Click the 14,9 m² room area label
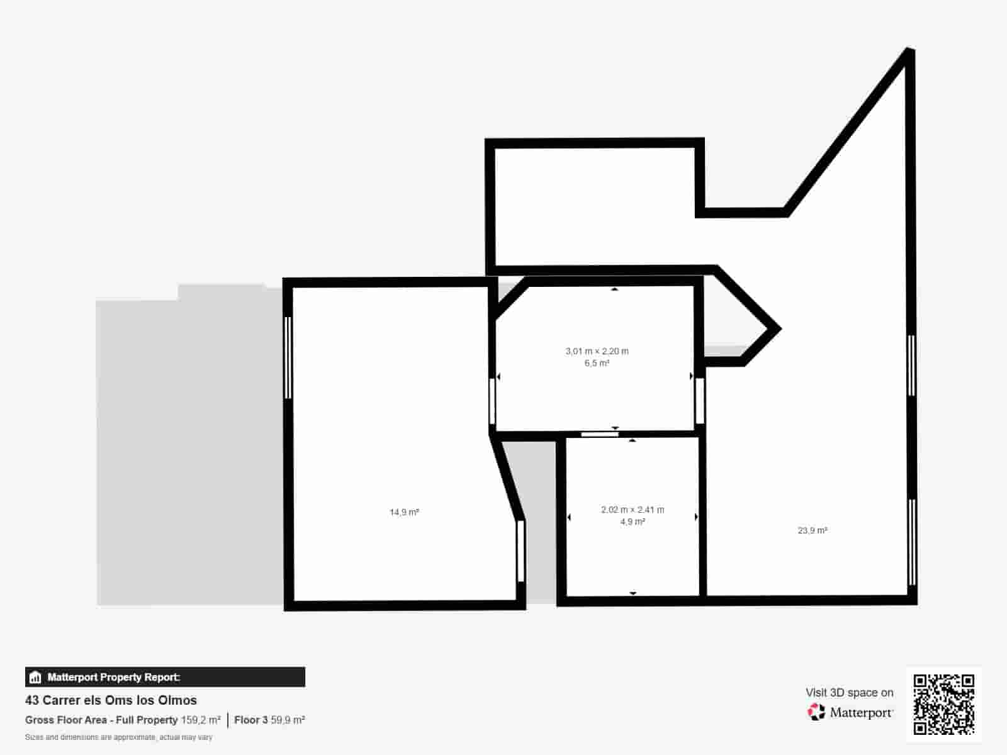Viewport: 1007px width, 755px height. pyautogui.click(x=404, y=513)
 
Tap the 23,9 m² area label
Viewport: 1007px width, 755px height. pyautogui.click(x=813, y=531)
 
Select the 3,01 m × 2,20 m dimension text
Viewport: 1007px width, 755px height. pyautogui.click(x=597, y=352)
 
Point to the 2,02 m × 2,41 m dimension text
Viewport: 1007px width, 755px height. pyautogui.click(x=633, y=510)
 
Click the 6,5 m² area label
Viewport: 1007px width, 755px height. pyautogui.click(x=597, y=364)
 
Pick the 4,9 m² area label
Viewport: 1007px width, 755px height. pyautogui.click(x=633, y=522)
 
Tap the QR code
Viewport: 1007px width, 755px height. pyautogui.click(x=943, y=704)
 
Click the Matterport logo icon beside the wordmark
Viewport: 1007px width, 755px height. pyautogui.click(x=816, y=712)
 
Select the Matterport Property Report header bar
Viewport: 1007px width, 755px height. pyautogui.click(x=165, y=677)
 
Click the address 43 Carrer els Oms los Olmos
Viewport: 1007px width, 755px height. pyautogui.click(x=111, y=700)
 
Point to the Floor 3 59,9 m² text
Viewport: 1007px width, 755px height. pyautogui.click(x=269, y=720)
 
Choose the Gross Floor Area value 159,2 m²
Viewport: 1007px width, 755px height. pyautogui.click(x=201, y=720)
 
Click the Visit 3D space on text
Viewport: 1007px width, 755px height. pyautogui.click(x=849, y=693)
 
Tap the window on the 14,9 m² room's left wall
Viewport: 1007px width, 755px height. pyautogui.click(x=288, y=357)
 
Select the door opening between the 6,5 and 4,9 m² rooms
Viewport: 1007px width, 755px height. pyautogui.click(x=599, y=434)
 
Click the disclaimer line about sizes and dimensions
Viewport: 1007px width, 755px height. pyautogui.click(x=118, y=737)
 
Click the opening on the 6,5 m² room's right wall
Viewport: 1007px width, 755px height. pyautogui.click(x=699, y=401)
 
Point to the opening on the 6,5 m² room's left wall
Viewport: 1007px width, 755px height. pyautogui.click(x=492, y=401)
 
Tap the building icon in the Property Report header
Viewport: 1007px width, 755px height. pyautogui.click(x=35, y=678)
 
